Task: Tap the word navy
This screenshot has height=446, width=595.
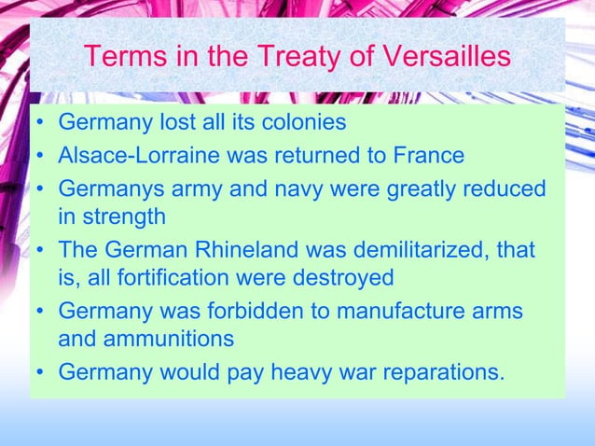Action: [287, 188]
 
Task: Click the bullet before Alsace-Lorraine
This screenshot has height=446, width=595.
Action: [41, 155]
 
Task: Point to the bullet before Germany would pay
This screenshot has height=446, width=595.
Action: [41, 371]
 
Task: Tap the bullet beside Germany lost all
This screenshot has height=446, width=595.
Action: [41, 123]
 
